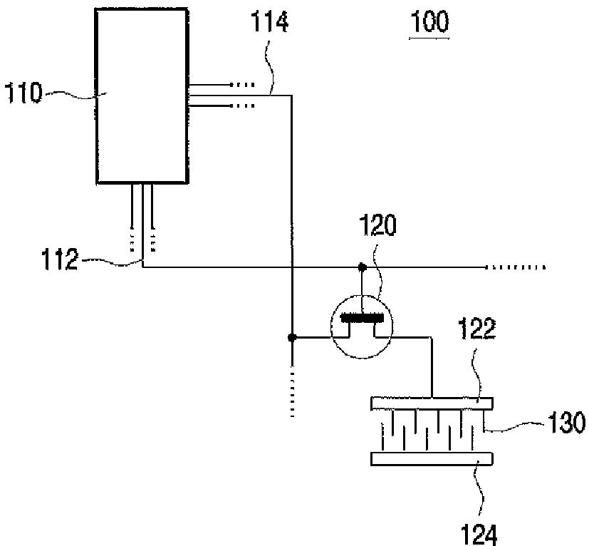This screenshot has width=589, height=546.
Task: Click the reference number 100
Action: pos(429,21)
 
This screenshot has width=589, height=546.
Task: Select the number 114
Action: pos(269,21)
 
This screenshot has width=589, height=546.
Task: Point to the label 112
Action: pos(59,259)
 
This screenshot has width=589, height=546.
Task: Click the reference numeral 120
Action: pos(377,225)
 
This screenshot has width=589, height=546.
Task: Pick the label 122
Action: pos(476,329)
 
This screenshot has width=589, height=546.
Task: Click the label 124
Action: pos(479,535)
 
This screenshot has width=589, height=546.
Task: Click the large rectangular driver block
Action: pos(142,96)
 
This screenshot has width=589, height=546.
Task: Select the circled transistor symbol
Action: pos(361,326)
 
